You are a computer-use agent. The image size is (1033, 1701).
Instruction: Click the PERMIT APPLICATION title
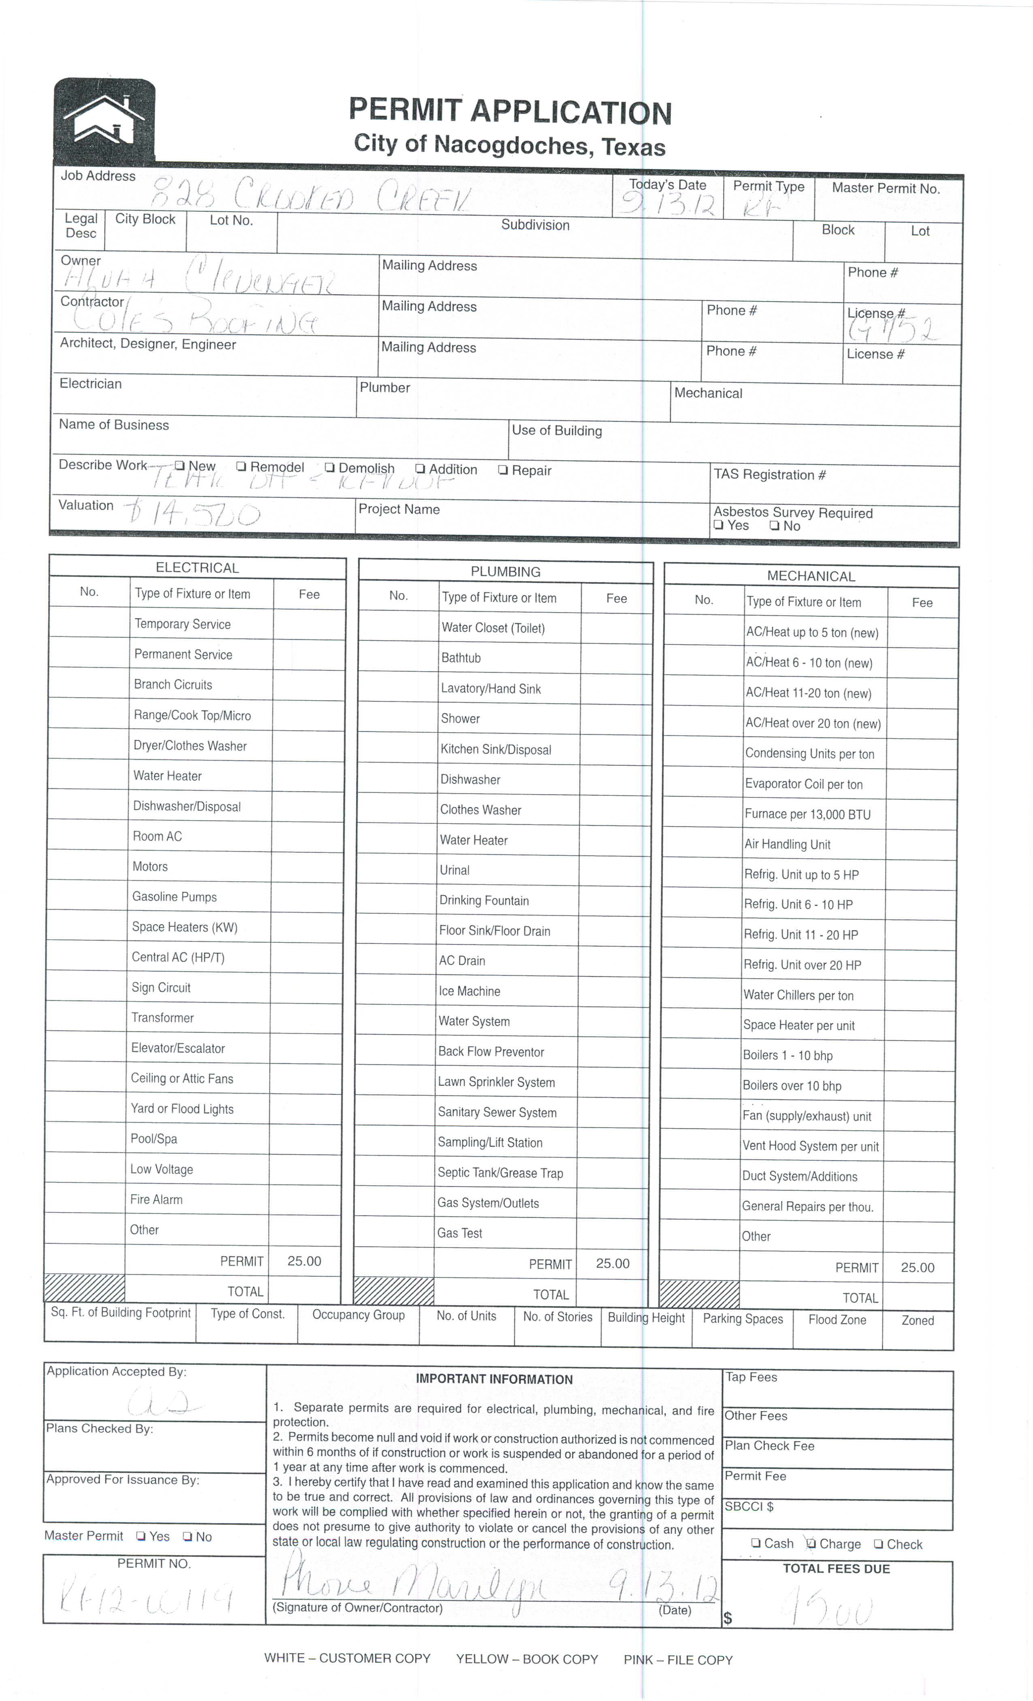pos(510,111)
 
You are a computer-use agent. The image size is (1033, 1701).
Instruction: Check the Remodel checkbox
pos(241,467)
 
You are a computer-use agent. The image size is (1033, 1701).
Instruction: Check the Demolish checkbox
pos(329,467)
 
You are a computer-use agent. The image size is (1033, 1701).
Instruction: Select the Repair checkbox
pos(503,470)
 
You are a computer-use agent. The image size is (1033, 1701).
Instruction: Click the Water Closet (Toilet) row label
pos(493,627)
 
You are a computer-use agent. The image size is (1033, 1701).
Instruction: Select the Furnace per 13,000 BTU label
pos(807,814)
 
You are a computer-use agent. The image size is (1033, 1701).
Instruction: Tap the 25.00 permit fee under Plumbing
pos(613,1263)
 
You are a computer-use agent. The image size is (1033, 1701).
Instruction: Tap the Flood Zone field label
pos(837,1319)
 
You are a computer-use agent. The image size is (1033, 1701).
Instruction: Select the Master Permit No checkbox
pos(187,1536)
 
